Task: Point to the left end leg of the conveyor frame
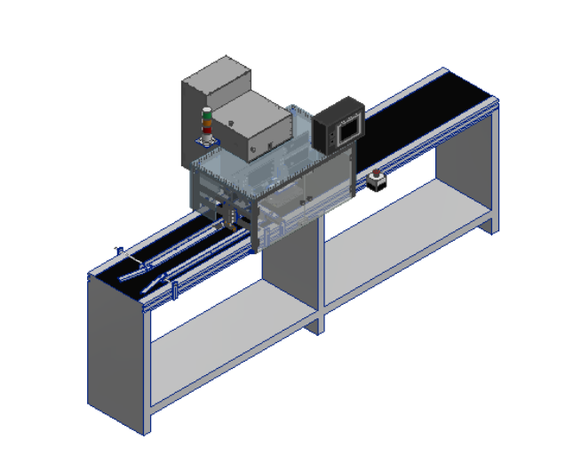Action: [x=115, y=356]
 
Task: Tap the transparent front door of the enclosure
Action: [x=320, y=191]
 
